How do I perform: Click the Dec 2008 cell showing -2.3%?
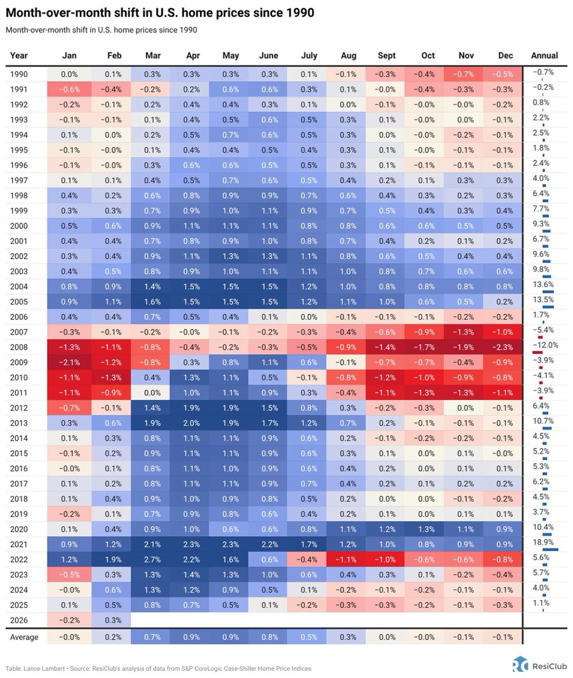[505, 347]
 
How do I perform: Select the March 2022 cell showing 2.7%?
[153, 559]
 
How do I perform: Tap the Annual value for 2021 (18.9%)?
[543, 542]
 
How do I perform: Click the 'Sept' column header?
[386, 55]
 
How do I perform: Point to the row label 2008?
[19, 347]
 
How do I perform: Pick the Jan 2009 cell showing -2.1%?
[69, 362]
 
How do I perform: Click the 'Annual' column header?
[544, 55]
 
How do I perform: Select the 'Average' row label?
[24, 637]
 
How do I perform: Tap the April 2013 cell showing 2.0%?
[192, 423]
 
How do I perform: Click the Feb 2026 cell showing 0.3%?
[114, 620]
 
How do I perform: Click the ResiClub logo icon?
[520, 665]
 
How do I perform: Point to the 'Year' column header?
[19, 55]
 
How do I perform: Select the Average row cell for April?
[192, 637]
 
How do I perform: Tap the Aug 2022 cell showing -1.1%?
[348, 559]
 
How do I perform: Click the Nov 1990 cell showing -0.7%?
[466, 74]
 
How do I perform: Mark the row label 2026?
[19, 620]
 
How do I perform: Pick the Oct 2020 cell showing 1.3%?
[426, 529]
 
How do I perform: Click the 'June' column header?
[268, 55]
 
